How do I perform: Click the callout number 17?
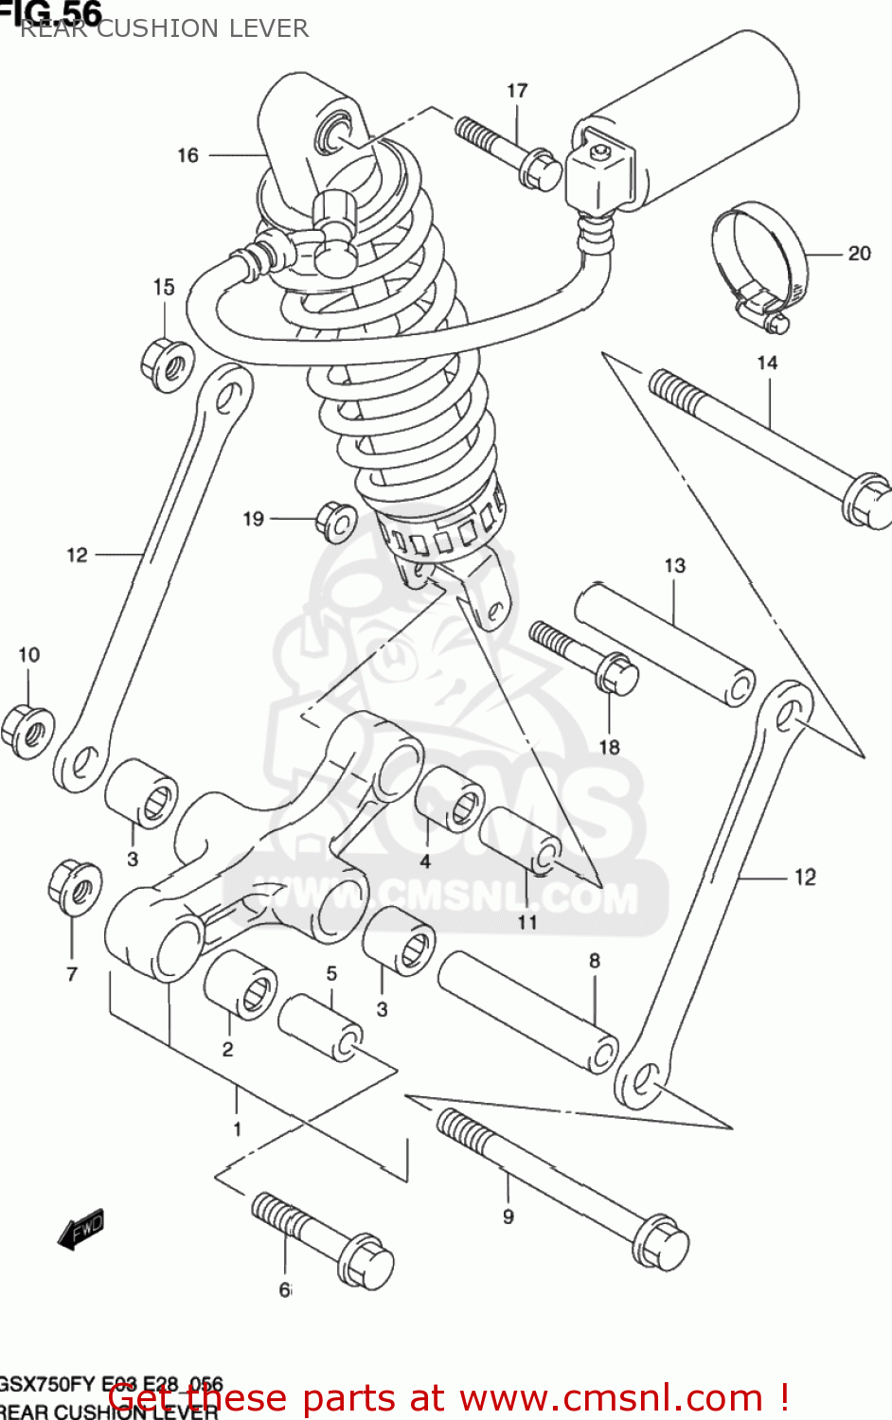click(517, 91)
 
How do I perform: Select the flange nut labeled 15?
click(167, 363)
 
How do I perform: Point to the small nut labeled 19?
click(335, 522)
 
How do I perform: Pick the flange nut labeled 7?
click(75, 886)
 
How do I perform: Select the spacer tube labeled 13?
click(665, 645)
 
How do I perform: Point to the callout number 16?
click(187, 155)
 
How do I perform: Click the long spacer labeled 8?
click(527, 1011)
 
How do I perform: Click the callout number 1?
click(237, 1128)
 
